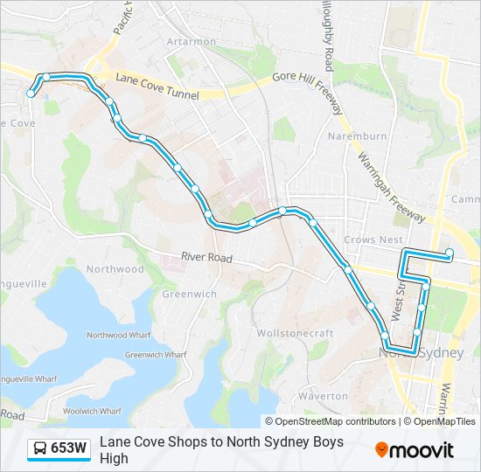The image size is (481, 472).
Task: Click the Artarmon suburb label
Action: [x=191, y=42]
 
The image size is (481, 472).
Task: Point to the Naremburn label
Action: [x=357, y=136]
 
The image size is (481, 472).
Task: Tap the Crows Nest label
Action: [x=373, y=239]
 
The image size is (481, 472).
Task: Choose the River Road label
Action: [x=206, y=258]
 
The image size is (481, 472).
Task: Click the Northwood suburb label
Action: [x=115, y=269]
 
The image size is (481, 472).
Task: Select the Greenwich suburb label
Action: [x=189, y=294]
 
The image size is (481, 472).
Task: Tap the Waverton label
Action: [x=323, y=396]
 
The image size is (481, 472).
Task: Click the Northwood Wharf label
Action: [x=119, y=335]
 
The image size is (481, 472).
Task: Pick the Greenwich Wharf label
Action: [x=156, y=355]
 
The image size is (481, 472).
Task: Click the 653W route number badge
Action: [x=68, y=449]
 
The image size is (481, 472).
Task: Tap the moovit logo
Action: [x=415, y=450]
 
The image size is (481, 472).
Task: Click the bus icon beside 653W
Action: [x=39, y=449]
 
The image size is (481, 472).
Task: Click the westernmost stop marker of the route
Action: [x=31, y=94]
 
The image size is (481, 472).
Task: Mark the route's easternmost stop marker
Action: [x=450, y=254]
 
